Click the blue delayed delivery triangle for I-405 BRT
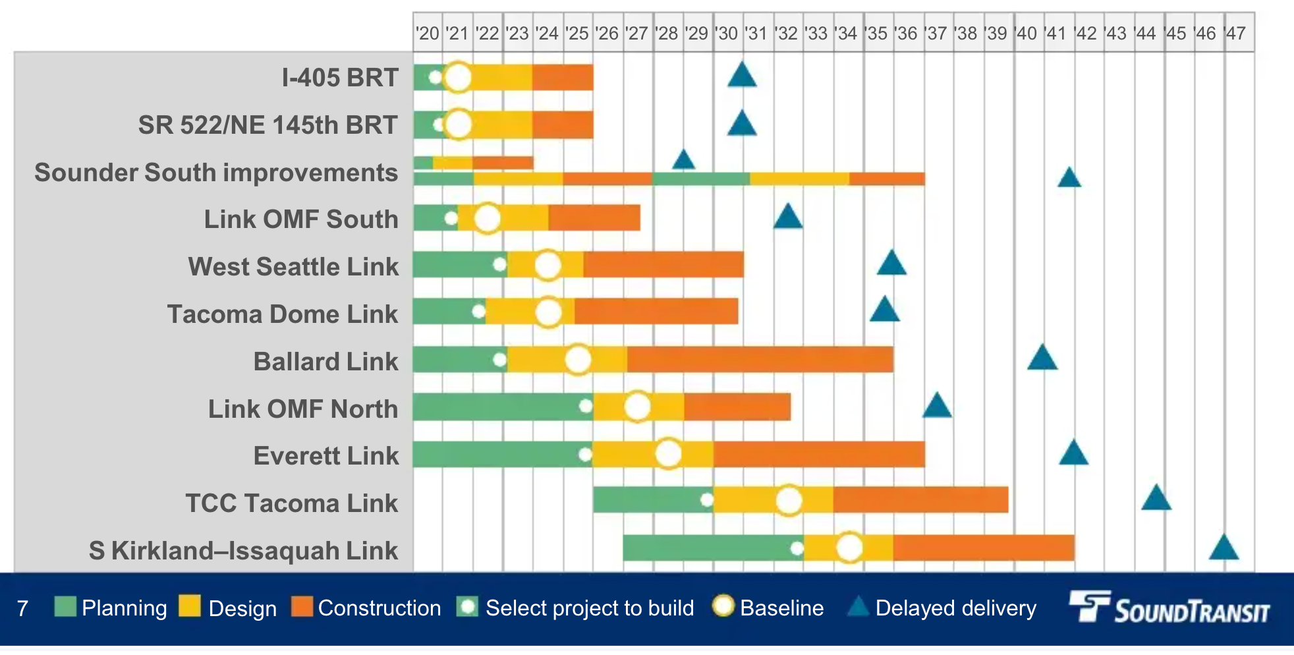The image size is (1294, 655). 742,76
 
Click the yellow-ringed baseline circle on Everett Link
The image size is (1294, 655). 668,454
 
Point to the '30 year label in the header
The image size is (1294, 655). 727,33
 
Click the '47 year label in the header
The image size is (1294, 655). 1235,33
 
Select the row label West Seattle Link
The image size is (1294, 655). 293,267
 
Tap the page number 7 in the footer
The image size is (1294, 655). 22,608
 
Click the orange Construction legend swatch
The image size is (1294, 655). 302,606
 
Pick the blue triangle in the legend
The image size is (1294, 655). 858,607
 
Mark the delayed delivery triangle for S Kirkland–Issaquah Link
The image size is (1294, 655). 1224,548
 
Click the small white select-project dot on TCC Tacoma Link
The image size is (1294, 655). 706,500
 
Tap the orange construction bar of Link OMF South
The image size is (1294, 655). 594,218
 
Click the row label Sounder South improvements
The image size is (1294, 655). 216,173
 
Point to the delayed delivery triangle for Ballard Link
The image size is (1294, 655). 1042,358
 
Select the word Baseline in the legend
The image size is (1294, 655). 781,608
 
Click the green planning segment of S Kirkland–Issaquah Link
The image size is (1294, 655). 705,548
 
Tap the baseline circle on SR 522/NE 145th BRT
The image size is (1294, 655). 459,124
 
